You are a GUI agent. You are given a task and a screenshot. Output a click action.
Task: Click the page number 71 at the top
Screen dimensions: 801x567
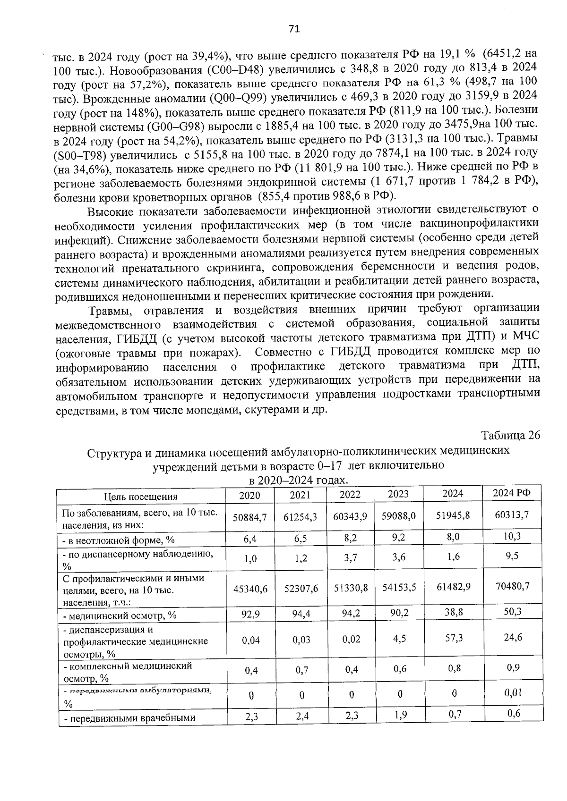coord(294,29)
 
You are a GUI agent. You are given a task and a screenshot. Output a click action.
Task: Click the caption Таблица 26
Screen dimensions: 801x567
coord(510,435)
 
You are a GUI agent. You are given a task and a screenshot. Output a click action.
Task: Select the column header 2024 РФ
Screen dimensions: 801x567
coord(512,493)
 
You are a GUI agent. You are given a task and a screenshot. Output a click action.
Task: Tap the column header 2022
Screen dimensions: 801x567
coord(350,495)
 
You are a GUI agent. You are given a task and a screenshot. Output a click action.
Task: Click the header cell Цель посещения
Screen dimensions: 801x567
coord(141,497)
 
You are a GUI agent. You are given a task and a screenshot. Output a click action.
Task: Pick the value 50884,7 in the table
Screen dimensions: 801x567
coord(250,517)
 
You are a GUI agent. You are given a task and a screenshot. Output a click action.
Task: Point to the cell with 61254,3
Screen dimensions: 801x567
coord(300,517)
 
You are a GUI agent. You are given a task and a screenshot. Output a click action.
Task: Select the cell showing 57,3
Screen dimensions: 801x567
coord(453,638)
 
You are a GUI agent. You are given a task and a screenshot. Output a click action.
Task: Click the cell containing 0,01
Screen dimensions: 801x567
coord(512,693)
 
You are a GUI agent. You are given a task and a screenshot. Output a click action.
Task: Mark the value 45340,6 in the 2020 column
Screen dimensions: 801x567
coord(250,589)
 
